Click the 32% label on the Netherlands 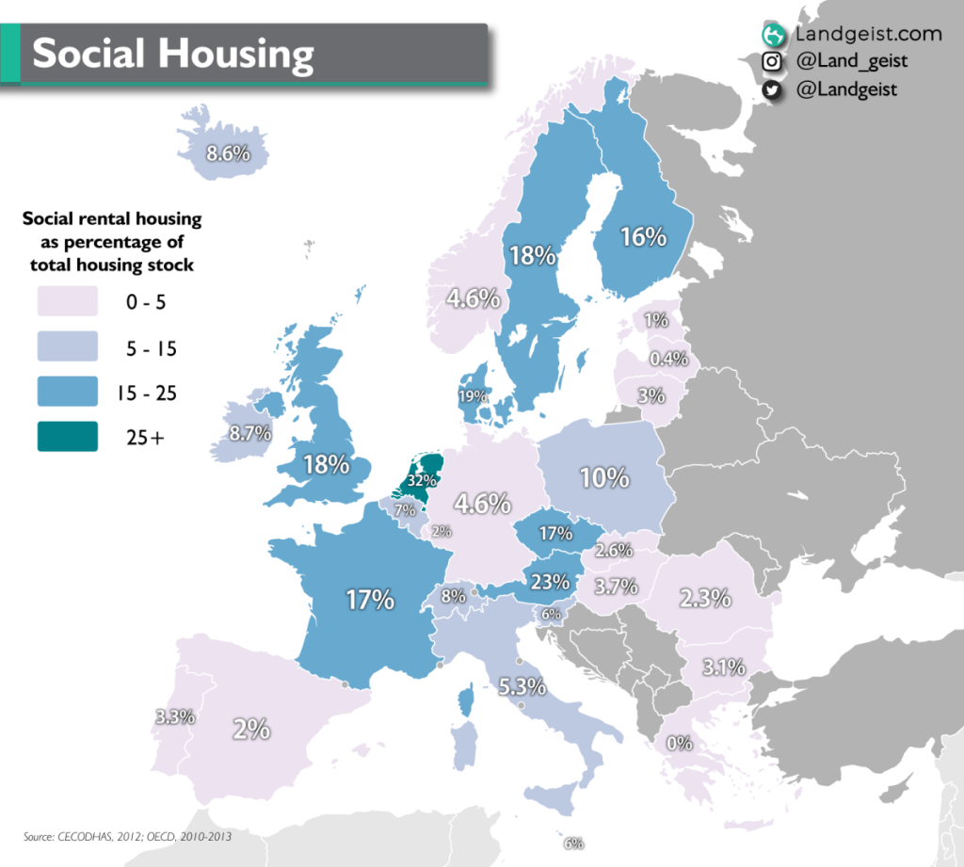coord(421,480)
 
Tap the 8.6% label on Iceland coord(228,152)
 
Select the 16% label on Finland coord(643,237)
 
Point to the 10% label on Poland coord(603,477)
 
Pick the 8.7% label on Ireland coord(249,434)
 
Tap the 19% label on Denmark coord(474,396)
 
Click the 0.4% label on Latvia coord(668,359)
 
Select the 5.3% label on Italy coord(522,686)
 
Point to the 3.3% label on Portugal coord(175,716)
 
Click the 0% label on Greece coord(679,743)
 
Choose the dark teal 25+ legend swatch coord(67,435)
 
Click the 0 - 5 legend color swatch coord(67,302)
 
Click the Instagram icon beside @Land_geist coord(772,62)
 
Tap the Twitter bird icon coord(772,89)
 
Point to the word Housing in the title coord(239,55)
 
